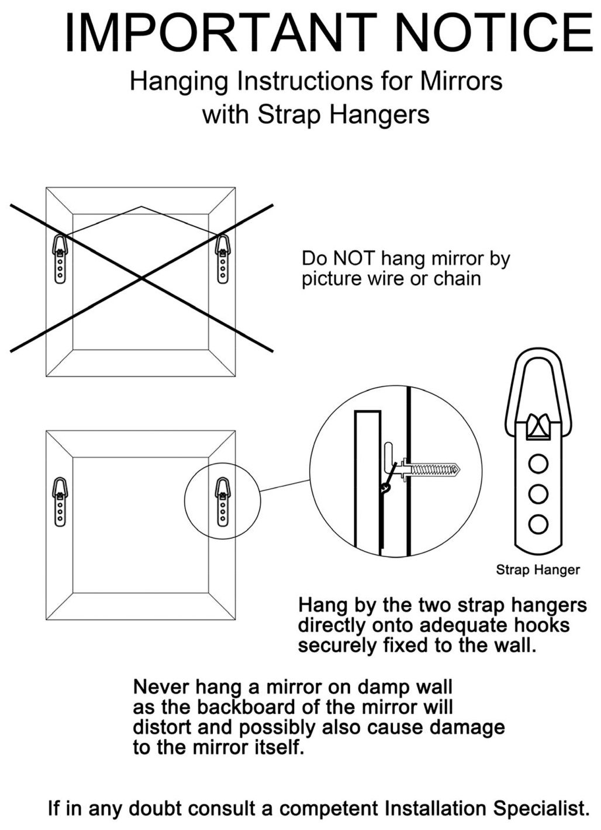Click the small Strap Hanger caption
(x=538, y=569)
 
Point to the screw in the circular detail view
(x=430, y=471)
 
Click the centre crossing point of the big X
(x=141, y=278)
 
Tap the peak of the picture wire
(x=141, y=206)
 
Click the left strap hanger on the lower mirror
(x=60, y=502)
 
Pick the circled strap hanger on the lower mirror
(x=222, y=502)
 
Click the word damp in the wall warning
(x=382, y=688)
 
